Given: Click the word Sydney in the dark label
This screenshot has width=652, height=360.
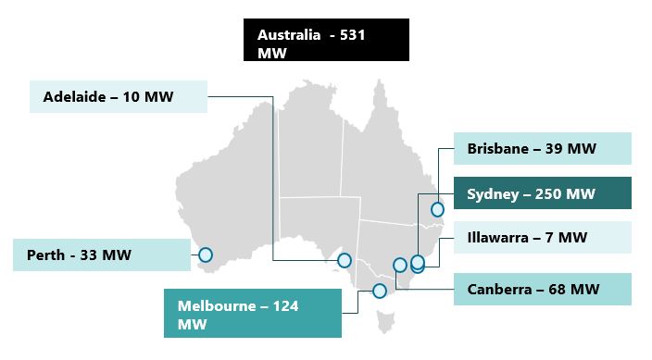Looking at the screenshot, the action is point(495,194).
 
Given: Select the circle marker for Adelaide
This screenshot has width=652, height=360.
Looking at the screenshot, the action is point(345,260).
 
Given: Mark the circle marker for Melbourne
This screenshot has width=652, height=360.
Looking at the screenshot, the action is point(379,291).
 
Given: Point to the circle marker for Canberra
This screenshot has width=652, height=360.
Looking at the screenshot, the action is point(400,265).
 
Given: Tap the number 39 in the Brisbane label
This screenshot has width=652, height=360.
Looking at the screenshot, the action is point(558,148).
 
